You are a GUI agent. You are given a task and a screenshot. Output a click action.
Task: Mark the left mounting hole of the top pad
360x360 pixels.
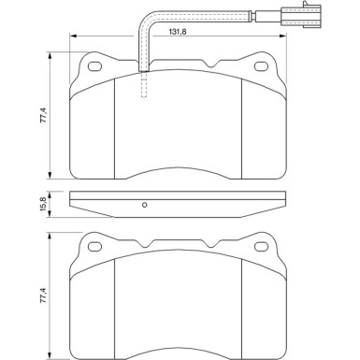pos(94,66)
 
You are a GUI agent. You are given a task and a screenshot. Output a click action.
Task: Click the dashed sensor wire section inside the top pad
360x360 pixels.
pos(143,89)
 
